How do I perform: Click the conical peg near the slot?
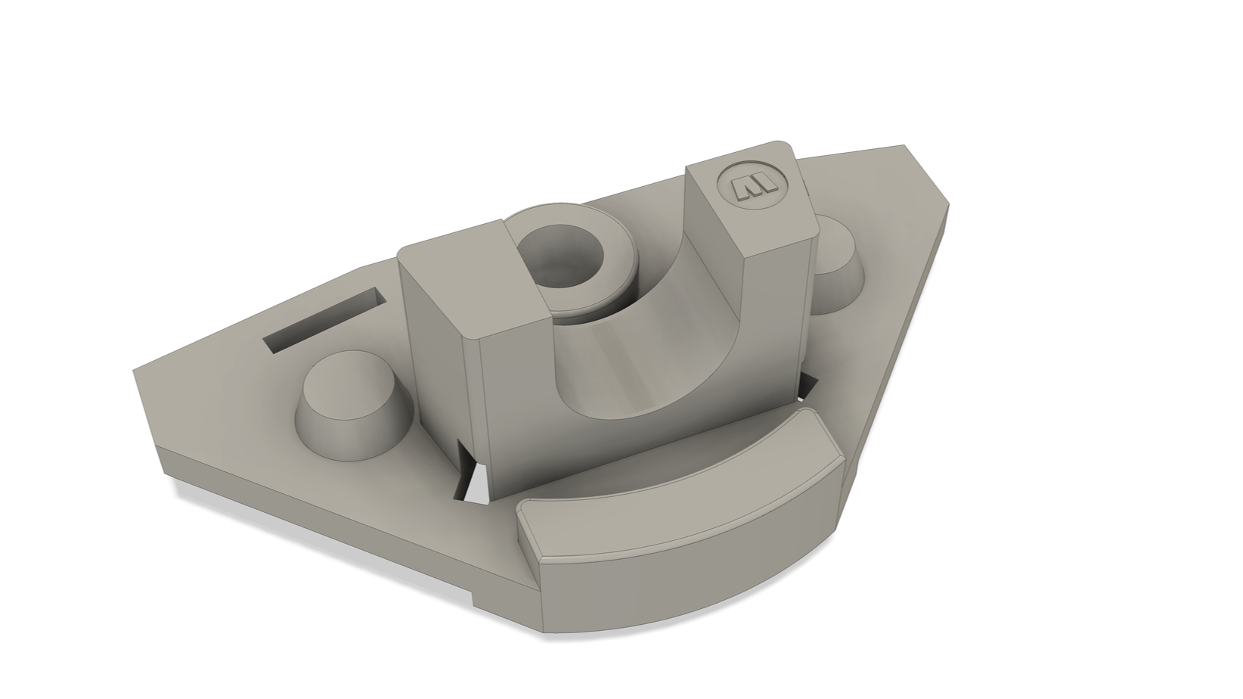349,412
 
